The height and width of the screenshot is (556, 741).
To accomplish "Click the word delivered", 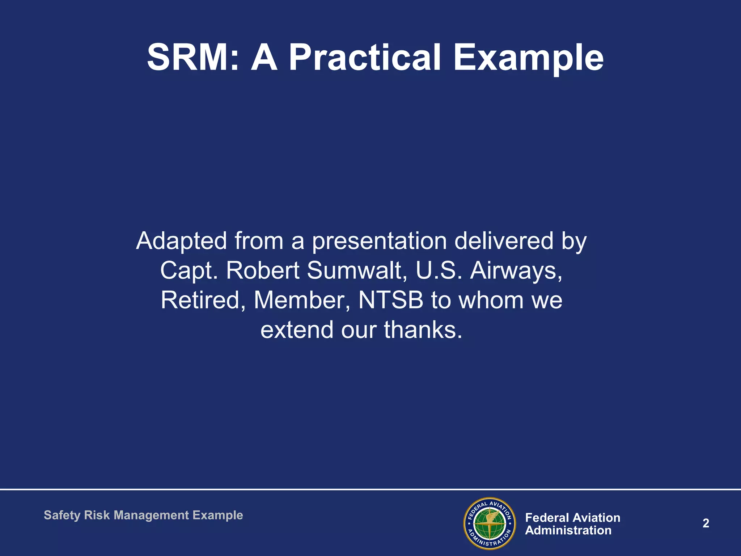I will coord(504,241).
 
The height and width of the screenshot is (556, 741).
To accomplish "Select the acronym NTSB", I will coord(390,300).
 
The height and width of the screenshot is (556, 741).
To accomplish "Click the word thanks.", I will coord(423,330).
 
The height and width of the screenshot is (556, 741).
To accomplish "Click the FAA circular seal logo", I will coord(490,523).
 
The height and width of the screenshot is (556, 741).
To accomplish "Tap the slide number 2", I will coord(706,523).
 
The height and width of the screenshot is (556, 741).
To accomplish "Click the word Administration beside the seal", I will coord(568,531).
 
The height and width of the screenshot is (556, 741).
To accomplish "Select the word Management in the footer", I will coord(151,515).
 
